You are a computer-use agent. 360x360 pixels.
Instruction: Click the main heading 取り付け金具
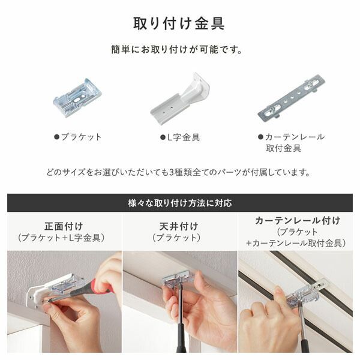click(x=179, y=23)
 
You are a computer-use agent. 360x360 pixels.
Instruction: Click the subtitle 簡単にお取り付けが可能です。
click(x=179, y=50)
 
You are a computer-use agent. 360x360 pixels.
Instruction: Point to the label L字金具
click(x=183, y=137)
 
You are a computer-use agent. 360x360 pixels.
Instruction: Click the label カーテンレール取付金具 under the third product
click(x=295, y=142)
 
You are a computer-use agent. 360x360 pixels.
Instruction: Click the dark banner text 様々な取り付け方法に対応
click(x=179, y=203)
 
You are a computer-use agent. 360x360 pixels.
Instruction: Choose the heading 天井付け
click(x=180, y=226)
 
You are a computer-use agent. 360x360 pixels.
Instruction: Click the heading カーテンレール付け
click(x=297, y=220)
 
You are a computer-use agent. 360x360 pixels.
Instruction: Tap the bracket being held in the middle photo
click(x=178, y=280)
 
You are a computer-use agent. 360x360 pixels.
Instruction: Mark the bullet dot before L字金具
click(x=163, y=137)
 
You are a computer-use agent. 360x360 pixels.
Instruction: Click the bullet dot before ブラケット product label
click(x=57, y=137)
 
